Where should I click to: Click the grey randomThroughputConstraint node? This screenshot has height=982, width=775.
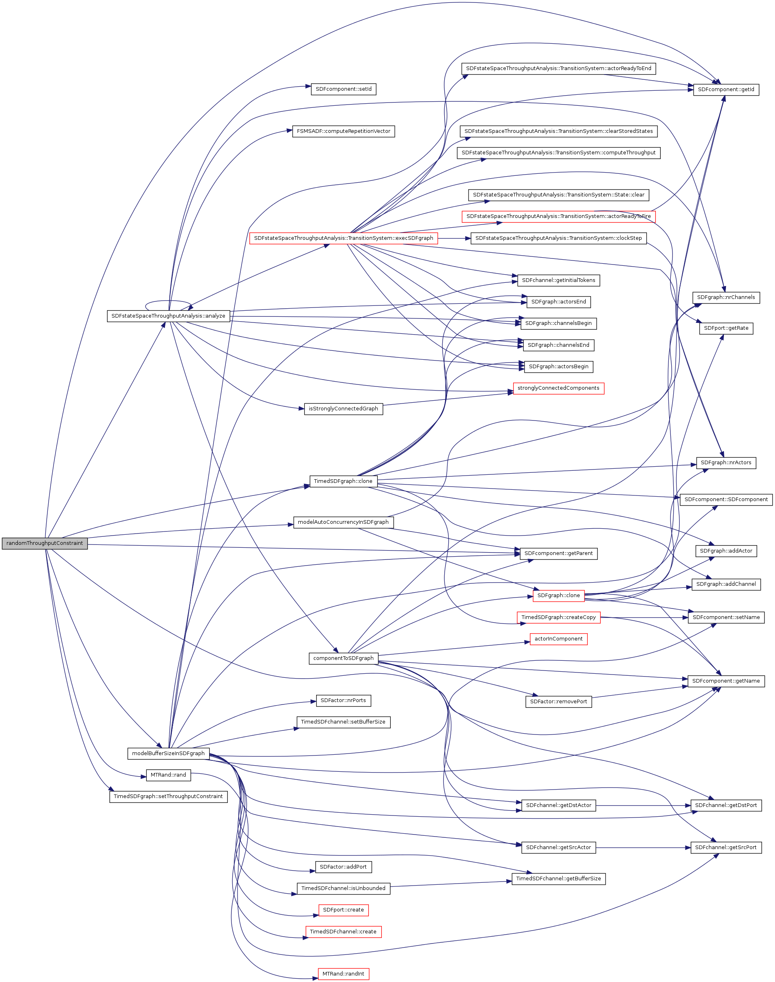click(45, 543)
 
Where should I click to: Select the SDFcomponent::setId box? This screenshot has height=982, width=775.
click(343, 89)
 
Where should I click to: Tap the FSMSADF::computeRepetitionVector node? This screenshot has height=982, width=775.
click(343, 131)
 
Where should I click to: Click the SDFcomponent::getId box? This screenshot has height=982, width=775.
click(726, 89)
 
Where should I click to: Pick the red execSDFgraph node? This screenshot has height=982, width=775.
click(343, 238)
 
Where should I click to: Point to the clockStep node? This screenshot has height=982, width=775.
click(559, 238)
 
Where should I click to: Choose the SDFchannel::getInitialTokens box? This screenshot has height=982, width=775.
click(559, 280)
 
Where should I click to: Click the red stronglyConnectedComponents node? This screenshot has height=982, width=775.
click(559, 388)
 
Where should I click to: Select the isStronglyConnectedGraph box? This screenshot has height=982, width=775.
click(343, 408)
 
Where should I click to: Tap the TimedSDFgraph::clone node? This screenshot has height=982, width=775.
click(343, 481)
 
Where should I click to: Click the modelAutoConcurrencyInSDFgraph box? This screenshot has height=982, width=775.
click(343, 522)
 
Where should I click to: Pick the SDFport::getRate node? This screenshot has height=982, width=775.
click(726, 328)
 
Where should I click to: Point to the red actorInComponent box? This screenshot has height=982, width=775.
click(559, 639)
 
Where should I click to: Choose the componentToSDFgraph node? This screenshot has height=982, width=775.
click(343, 658)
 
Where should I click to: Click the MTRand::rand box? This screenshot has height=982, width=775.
click(168, 775)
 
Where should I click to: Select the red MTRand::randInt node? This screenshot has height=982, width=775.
click(343, 973)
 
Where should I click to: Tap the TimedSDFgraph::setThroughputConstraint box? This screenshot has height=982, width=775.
click(168, 796)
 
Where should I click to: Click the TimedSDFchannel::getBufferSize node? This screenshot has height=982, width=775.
click(559, 879)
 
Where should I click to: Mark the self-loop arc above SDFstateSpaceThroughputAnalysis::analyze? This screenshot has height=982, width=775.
click(168, 301)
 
